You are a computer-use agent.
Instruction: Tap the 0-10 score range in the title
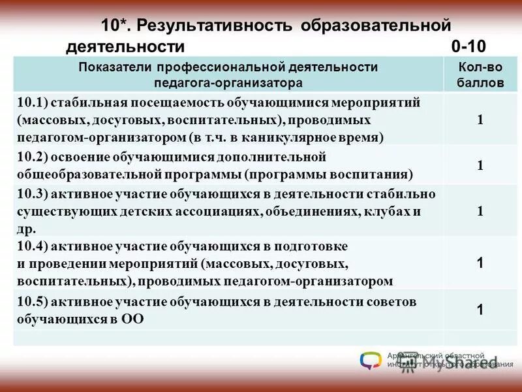click(x=468, y=46)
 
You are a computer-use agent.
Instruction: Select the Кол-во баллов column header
click(x=480, y=75)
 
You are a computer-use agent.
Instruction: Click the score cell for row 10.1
click(x=480, y=120)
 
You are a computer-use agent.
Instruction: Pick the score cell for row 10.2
click(x=480, y=166)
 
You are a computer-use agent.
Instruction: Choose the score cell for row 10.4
click(x=480, y=263)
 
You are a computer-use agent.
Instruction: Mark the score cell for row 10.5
click(x=480, y=310)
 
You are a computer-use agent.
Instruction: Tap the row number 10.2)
click(x=32, y=158)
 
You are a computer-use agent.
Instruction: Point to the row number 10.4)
click(x=32, y=247)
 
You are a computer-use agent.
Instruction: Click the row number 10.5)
click(x=32, y=302)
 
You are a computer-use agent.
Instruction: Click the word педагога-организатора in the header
click(x=228, y=83)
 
